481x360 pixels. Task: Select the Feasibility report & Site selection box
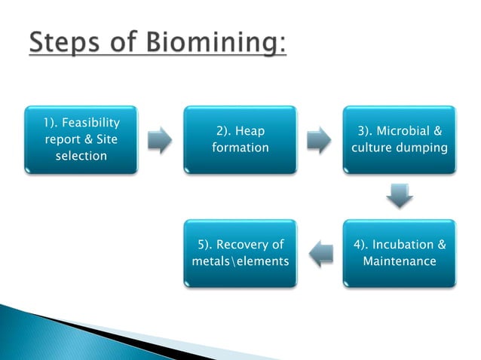coord(81,139)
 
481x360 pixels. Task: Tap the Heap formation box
coord(240,139)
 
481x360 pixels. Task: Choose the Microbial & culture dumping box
coord(399,139)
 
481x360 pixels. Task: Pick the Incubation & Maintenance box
coord(399,253)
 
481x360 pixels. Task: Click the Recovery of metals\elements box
coord(240,253)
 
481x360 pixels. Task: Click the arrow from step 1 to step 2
coord(160,140)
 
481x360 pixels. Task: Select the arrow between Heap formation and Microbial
coord(319,140)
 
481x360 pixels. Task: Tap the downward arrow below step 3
coord(399,197)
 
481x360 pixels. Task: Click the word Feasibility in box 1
coord(91,123)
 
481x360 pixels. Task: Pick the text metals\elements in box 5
coord(240,261)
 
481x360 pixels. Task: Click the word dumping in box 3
coord(424,148)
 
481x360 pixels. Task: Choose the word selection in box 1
coord(81,156)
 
